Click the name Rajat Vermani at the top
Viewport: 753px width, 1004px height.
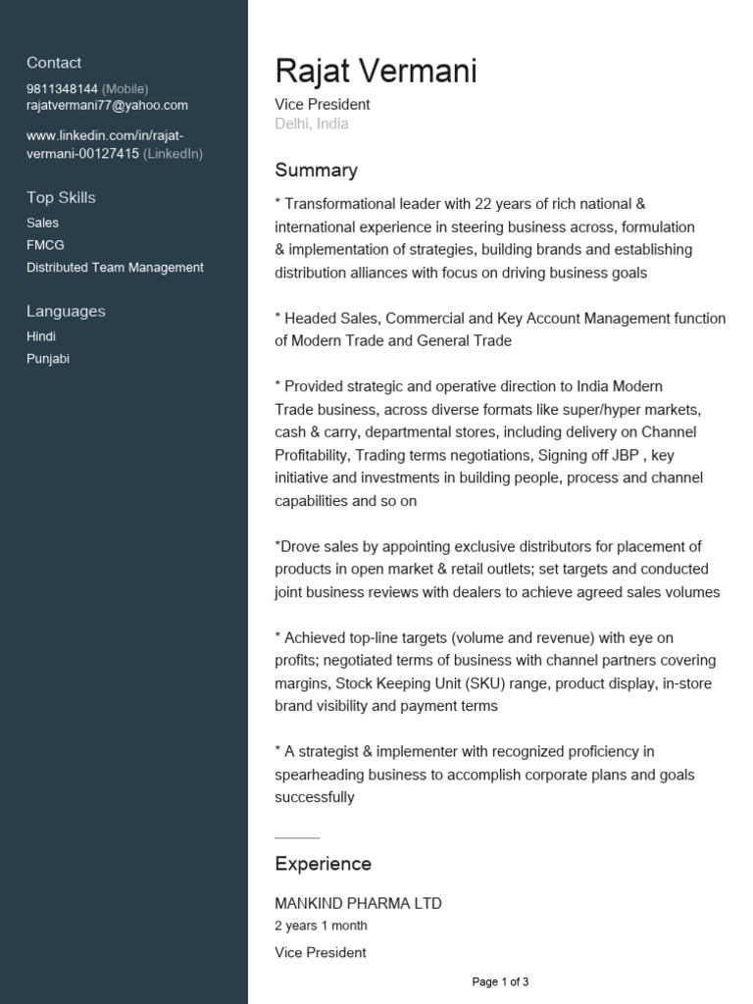point(376,71)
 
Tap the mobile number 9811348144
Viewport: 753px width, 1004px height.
point(62,88)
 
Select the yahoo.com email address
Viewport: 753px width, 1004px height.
point(107,105)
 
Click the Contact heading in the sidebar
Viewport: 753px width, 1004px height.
point(54,63)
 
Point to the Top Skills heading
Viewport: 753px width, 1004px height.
point(61,197)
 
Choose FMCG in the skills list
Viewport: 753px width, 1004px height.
point(45,245)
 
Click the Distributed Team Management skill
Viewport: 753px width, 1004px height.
point(115,267)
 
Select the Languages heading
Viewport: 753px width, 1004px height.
point(66,311)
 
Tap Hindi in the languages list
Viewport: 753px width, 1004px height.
point(41,336)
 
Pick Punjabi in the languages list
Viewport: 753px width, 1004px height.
point(48,359)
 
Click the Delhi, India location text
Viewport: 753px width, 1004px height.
point(312,124)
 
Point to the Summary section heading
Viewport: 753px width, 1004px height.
point(316,171)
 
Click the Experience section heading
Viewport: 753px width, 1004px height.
point(323,864)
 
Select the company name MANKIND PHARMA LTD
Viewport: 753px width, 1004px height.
point(358,903)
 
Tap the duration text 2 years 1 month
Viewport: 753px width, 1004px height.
point(322,926)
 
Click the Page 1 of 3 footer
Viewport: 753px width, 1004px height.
point(500,981)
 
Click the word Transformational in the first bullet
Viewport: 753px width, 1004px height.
point(339,204)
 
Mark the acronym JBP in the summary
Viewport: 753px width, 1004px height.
point(621,455)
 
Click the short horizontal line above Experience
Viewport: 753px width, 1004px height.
point(297,838)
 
